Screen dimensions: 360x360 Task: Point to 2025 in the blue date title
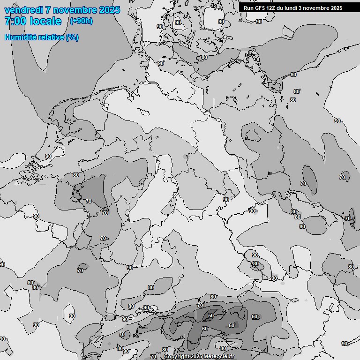[109, 10]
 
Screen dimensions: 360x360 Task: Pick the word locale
[45, 21]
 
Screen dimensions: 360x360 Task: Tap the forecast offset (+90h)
[81, 21]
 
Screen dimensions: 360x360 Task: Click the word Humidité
[20, 37]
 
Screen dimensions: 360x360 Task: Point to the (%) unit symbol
[72, 37]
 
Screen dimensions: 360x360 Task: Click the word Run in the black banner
[249, 8]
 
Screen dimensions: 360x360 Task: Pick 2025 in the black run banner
[336, 8]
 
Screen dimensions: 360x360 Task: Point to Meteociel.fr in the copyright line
[220, 357]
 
